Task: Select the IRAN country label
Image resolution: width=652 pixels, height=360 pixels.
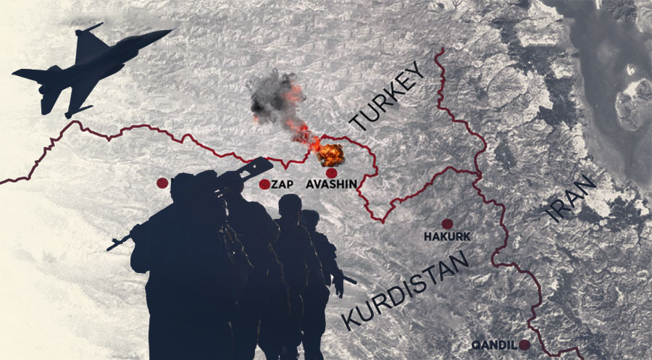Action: click(x=572, y=200)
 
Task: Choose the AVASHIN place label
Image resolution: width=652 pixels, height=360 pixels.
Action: click(x=332, y=185)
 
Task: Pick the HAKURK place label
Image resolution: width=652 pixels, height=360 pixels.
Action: click(x=446, y=237)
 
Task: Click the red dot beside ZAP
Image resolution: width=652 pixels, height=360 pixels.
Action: click(x=264, y=184)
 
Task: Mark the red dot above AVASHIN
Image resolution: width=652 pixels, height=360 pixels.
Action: click(x=332, y=173)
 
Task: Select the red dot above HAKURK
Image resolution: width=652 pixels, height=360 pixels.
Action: click(x=447, y=224)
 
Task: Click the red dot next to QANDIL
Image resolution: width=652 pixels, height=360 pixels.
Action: click(x=524, y=345)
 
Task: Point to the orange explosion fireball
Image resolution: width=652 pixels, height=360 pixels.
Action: click(x=332, y=154)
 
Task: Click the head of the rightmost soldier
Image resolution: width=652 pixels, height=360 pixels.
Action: click(x=310, y=219)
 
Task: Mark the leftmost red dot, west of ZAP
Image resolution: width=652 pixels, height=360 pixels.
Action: click(x=162, y=183)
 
